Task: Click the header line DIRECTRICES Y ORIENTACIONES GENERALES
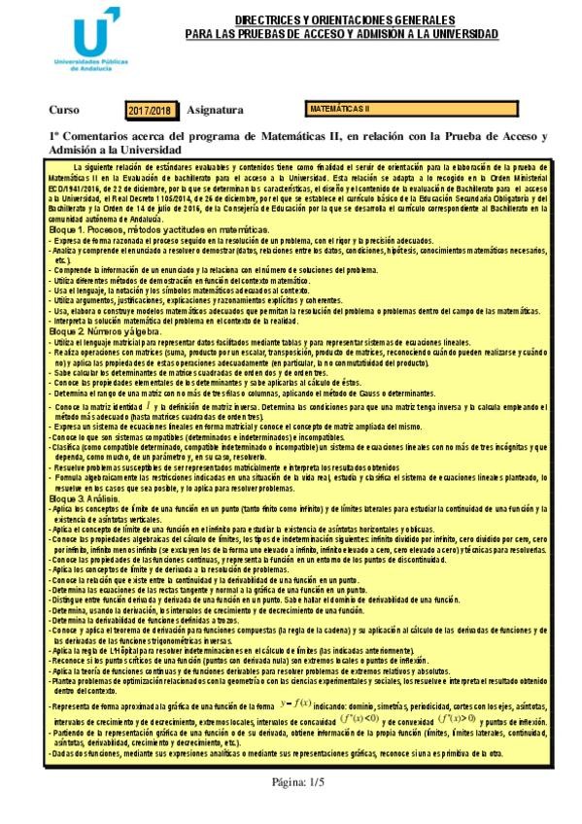[343, 19]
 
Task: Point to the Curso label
[63, 112]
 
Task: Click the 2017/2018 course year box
[149, 112]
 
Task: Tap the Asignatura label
[215, 112]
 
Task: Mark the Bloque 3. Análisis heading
[86, 498]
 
